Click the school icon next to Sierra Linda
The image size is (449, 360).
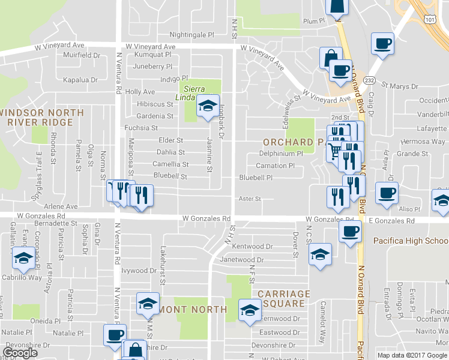208,106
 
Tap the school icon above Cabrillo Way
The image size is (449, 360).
23,259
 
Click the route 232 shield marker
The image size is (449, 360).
369,80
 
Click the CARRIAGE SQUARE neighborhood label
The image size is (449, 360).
285,299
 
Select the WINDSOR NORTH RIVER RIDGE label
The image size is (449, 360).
41,118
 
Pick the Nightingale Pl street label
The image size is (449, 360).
191,35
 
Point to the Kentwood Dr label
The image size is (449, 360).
252,247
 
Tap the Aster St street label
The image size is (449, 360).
250,199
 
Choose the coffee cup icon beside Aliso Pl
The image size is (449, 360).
387,194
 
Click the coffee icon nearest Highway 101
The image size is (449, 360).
382,43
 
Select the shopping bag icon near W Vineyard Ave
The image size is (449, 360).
330,58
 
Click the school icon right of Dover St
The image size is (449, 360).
320,254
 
